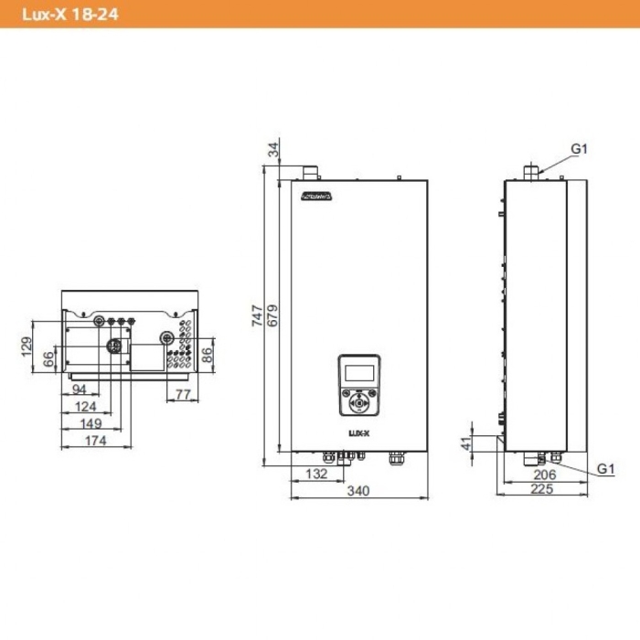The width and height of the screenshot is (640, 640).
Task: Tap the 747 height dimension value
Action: coord(258,316)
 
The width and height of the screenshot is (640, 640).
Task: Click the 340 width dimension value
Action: coord(358,491)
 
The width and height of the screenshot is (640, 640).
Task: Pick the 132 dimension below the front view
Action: coord(315,474)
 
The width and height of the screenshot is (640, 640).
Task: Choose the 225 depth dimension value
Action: coord(543,489)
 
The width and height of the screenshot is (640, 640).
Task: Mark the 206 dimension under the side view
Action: coord(544,475)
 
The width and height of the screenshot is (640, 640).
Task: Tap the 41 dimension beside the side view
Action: coord(465,443)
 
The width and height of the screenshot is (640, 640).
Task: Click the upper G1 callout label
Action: coord(580,148)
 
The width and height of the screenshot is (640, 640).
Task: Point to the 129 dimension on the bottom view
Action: coord(27,346)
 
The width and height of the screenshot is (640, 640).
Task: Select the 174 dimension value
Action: coord(95,441)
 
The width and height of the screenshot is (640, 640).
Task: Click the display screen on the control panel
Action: coord(359,372)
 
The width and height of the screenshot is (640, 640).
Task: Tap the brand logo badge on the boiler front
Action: coord(316,195)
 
